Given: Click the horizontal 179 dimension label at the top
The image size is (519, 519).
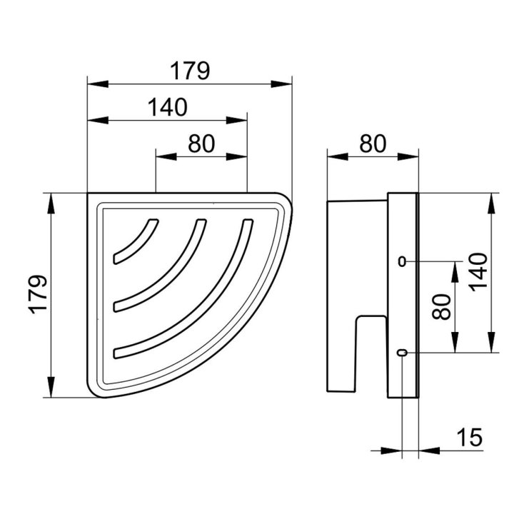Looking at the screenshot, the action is point(190,71).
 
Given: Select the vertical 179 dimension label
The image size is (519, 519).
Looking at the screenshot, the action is point(38,294).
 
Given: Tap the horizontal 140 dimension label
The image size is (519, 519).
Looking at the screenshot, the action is point(167,107).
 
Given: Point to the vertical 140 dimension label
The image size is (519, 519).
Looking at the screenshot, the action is point(478,272).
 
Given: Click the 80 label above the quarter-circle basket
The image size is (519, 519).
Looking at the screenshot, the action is point(201,143).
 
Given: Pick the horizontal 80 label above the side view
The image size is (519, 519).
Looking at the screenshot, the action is point(373,143).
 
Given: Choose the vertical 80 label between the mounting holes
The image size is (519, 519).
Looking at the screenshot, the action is point(442,307).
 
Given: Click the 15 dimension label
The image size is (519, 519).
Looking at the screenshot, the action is point(469,437).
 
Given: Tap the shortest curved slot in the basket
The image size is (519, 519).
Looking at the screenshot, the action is point(136,241).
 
